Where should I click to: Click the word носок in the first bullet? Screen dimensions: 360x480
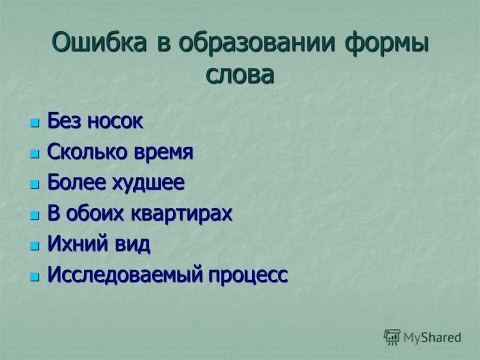[x=115, y=121]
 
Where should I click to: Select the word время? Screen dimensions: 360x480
[x=162, y=152]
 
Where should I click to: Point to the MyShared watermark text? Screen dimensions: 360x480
[x=432, y=337]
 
